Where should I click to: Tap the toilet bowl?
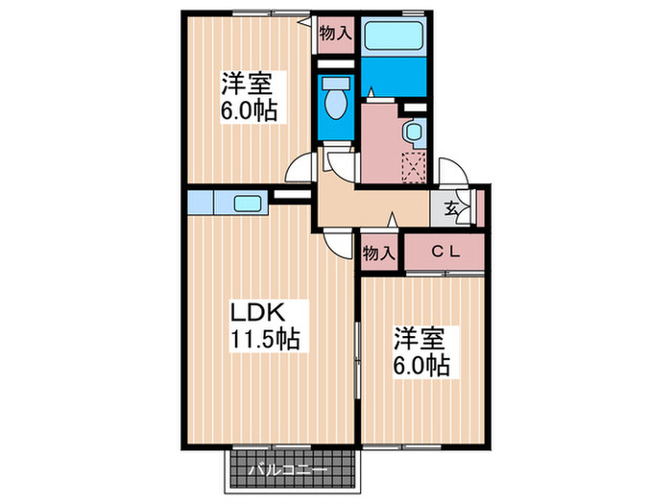[x=336, y=100]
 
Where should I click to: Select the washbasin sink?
[x=413, y=132]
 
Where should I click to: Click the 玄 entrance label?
[x=451, y=206]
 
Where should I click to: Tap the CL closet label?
[x=444, y=252]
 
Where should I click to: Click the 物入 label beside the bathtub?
[x=335, y=32]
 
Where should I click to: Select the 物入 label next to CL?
[x=379, y=253]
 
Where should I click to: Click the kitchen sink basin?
[x=248, y=203]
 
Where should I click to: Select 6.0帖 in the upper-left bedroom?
[x=252, y=110]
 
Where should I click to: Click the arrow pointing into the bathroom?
[x=370, y=91]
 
